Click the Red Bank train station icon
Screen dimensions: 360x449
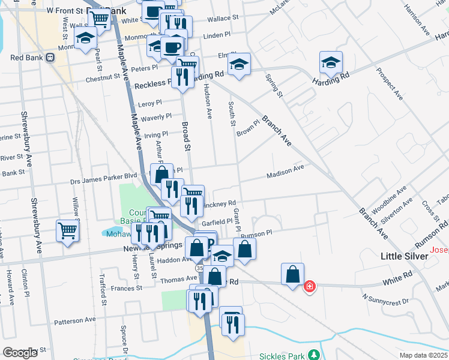coord(50,58)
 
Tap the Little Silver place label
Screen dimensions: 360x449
coord(405,256)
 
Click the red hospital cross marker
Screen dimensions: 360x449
coord(310,287)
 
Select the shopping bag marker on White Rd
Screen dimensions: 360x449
coord(292,274)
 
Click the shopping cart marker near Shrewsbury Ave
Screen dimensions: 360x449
coord(67,230)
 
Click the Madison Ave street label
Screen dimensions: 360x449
coord(286,172)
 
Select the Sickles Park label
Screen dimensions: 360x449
coord(282,356)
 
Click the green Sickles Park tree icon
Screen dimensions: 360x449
coord(313,355)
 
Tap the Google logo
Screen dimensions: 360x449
coord(20,352)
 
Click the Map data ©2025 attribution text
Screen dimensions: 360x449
coord(423,356)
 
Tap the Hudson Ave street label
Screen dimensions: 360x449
coord(209,99)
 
